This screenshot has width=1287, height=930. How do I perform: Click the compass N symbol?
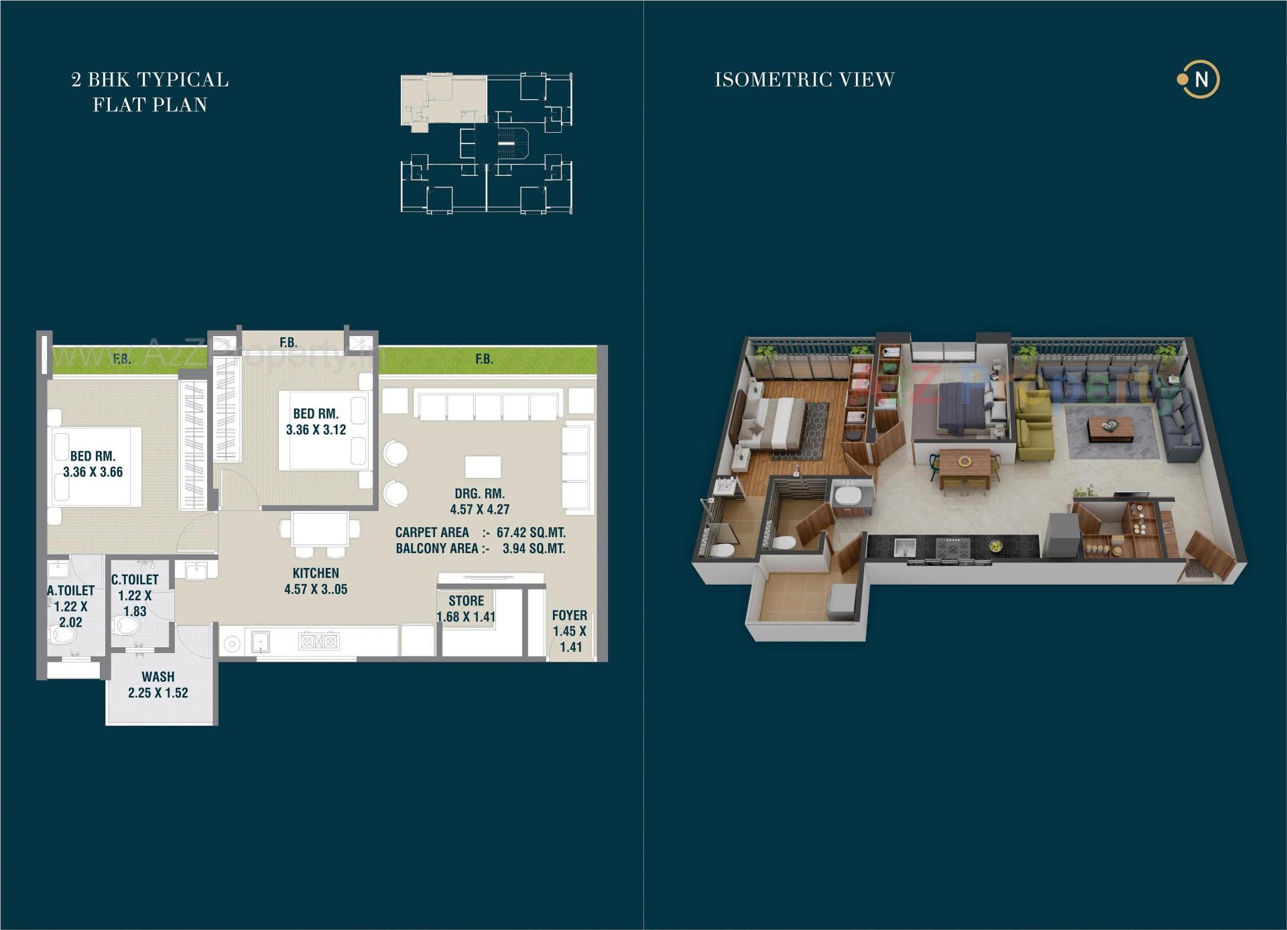click(x=1201, y=80)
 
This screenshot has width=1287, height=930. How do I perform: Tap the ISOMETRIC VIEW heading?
click(x=804, y=80)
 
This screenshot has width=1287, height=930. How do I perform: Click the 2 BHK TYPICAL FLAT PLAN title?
click(x=150, y=92)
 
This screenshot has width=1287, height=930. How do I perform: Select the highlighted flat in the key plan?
click(x=443, y=99)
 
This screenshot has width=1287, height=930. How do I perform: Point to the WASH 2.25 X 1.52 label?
click(x=158, y=685)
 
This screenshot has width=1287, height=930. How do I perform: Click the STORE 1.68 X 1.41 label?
click(x=466, y=609)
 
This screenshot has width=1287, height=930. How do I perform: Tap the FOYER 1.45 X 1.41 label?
click(x=570, y=630)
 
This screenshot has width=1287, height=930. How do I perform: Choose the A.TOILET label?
click(x=70, y=591)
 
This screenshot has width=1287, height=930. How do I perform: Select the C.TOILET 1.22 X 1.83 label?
click(x=135, y=595)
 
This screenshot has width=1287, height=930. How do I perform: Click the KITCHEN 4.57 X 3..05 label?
click(x=316, y=581)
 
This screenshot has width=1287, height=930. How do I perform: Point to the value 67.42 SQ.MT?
click(x=531, y=532)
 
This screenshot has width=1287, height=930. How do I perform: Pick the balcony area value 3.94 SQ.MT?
click(x=534, y=548)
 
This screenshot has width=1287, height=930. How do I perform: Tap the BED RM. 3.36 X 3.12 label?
click(x=316, y=422)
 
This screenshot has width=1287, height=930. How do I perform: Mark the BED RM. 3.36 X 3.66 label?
click(x=93, y=464)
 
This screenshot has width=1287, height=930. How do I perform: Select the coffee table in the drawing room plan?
click(x=483, y=467)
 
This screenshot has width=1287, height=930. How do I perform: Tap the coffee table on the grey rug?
click(x=1111, y=428)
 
